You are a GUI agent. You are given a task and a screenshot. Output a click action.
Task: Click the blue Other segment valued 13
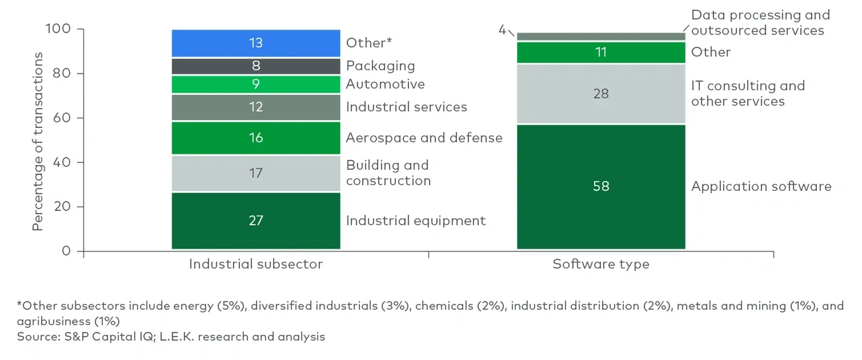point(255,43)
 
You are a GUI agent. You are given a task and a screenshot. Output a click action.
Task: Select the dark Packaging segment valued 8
point(255,66)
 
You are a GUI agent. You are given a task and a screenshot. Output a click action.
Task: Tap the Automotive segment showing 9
point(255,84)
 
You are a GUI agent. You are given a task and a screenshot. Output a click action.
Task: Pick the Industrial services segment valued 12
point(255,107)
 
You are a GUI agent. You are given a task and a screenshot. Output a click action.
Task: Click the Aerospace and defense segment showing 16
point(255,138)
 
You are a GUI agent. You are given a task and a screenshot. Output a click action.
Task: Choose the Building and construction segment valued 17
point(255,173)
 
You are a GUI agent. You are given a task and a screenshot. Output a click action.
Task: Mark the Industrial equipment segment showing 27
point(255,220)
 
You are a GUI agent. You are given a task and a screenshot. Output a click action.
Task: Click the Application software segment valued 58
point(601,186)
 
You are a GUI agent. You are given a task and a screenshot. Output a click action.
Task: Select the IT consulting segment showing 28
point(601,93)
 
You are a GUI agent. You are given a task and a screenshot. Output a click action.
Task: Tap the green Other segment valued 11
point(601,52)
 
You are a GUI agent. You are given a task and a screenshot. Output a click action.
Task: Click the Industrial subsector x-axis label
point(256,264)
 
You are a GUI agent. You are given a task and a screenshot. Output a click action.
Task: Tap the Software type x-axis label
point(601,264)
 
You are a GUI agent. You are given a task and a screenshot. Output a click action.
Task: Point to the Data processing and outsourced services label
point(760,23)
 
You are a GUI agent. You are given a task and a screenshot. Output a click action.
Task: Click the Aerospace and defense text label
point(424,138)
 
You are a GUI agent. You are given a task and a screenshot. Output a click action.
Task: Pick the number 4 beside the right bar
point(502,30)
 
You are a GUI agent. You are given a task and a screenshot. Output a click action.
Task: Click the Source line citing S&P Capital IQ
point(171,337)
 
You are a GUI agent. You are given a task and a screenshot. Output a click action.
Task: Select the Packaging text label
point(380,66)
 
